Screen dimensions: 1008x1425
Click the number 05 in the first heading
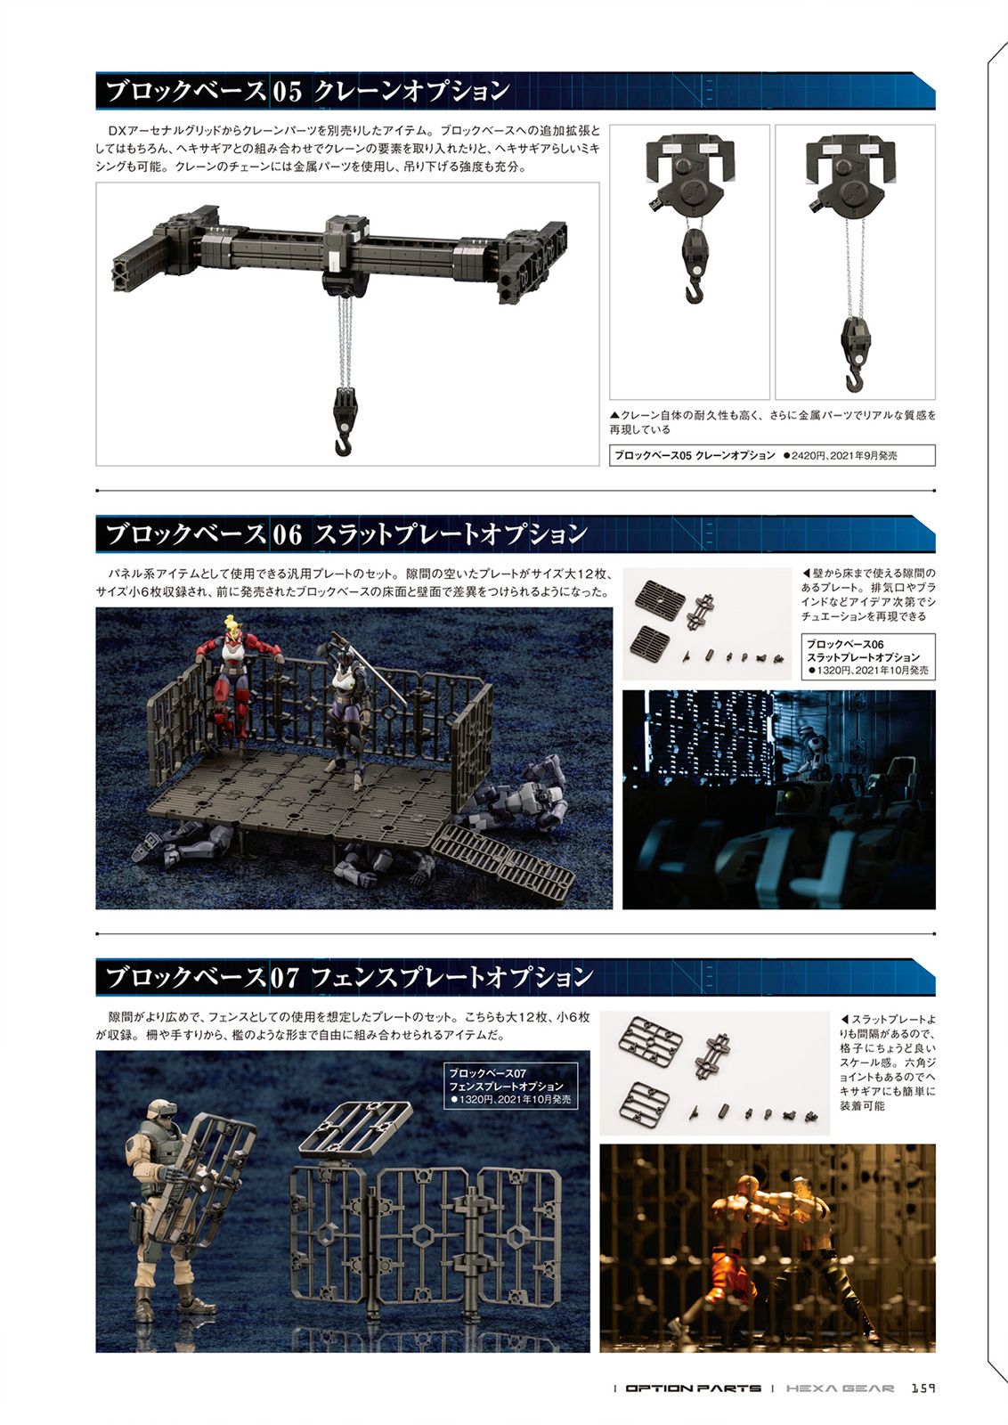[287, 93]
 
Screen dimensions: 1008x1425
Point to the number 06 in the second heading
[287, 534]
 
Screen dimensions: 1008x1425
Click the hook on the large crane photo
[343, 440]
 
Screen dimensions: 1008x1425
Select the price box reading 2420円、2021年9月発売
[772, 455]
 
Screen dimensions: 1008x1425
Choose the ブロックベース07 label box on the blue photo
[510, 1086]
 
